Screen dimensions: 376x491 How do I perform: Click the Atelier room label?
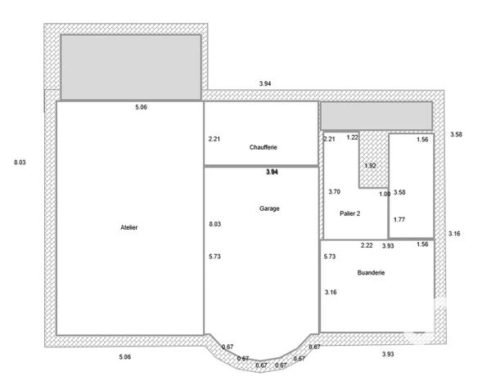coord(128,227)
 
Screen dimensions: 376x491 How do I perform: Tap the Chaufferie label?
coord(264,147)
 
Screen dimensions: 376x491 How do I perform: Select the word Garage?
coord(270,208)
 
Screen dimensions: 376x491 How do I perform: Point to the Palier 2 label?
coord(350,213)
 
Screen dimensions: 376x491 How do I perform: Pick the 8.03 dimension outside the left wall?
coord(20,163)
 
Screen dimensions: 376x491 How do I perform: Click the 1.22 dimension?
coord(353,137)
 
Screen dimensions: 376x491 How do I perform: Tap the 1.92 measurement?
coord(370,166)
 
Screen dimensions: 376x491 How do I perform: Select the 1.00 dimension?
coord(385,194)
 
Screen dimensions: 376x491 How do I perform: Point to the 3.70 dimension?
coord(334,192)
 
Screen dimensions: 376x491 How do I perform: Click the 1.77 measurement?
coord(399,219)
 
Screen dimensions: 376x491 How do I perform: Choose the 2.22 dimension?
coord(367,245)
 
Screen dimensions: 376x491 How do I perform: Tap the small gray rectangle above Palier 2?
coord(376,115)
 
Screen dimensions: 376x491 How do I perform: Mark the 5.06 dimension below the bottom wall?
coord(125,357)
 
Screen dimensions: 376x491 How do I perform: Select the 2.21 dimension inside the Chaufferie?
coord(214,139)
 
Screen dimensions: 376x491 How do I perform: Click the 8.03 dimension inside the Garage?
coord(215,224)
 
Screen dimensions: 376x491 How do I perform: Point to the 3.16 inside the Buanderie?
coord(331,292)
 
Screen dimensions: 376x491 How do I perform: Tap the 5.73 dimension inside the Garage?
coord(215,257)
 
